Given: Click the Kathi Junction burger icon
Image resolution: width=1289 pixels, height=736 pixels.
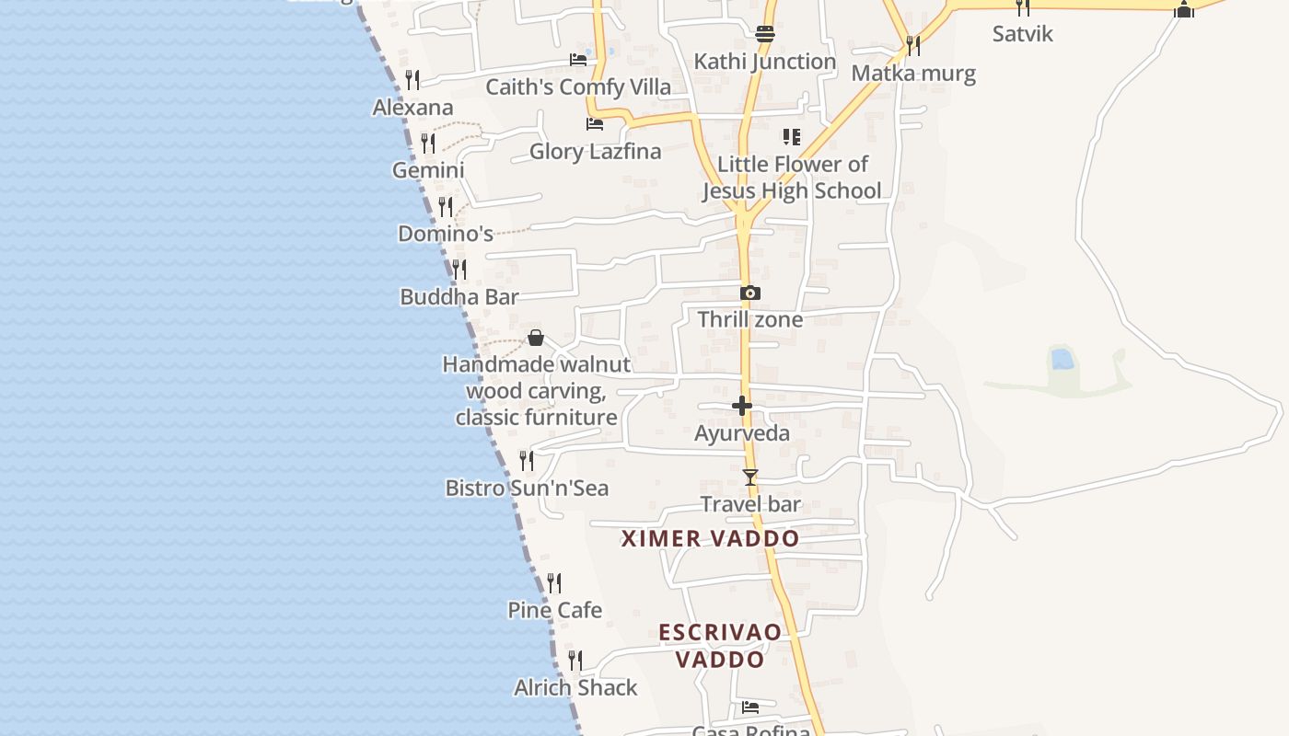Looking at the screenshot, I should point(765,35).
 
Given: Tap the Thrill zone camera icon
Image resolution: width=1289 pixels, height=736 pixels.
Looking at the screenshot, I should point(750,293).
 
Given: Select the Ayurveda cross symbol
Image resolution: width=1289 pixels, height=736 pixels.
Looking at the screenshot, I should point(742,406).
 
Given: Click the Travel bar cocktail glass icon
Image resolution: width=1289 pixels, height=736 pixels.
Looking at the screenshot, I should point(750,477).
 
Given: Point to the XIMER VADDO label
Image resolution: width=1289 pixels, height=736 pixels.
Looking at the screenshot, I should point(710,539).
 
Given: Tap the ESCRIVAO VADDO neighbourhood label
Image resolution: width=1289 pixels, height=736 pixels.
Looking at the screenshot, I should point(720,646).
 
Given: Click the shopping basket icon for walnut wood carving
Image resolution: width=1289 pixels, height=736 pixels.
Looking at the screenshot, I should point(536,339).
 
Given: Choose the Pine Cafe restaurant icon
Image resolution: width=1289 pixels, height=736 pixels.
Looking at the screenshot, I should point(554,583).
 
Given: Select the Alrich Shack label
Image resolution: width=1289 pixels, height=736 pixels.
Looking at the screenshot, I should point(575,688).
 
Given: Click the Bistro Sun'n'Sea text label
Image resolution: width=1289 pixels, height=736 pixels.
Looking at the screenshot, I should point(527,489).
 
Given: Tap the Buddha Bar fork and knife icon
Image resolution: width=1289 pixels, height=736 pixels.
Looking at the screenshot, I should point(459,270).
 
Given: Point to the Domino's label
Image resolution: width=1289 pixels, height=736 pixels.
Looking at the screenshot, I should point(446,234).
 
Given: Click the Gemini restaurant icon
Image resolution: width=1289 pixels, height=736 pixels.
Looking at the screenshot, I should point(428,144).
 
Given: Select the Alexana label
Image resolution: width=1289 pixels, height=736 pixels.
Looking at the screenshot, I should point(412,108).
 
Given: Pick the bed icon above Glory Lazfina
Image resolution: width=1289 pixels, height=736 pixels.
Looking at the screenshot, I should point(595,124).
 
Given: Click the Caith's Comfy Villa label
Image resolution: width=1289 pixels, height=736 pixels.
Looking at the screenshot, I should point(578,87).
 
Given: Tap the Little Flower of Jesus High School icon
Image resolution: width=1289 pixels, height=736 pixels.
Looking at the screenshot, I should point(791,137).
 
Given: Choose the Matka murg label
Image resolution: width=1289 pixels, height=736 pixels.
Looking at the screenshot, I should point(913,74).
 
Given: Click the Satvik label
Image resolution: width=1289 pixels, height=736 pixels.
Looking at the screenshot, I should point(1022,34).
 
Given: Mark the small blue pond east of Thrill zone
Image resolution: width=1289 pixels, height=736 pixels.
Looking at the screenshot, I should point(1062,359).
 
